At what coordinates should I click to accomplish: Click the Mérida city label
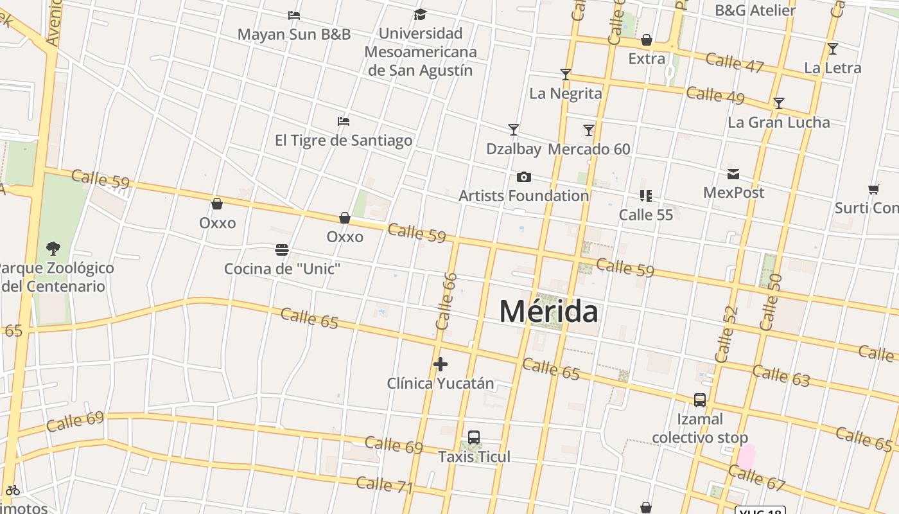click(548, 312)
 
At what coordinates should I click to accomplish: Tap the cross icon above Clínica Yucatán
click(440, 364)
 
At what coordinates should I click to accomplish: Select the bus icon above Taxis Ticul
click(474, 438)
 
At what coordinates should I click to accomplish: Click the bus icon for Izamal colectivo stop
click(700, 400)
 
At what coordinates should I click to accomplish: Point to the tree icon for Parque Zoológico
click(53, 248)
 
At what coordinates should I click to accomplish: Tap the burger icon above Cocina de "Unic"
click(281, 249)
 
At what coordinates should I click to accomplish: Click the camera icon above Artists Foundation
click(524, 177)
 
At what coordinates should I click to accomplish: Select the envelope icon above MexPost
click(733, 174)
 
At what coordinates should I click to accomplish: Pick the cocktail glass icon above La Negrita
click(565, 75)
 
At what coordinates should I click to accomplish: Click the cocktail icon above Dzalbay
click(514, 130)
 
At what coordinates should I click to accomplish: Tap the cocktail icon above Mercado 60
click(589, 130)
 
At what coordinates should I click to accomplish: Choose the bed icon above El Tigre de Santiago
click(344, 121)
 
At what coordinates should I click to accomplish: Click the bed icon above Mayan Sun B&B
click(294, 15)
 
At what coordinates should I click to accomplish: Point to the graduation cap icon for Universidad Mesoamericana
click(420, 14)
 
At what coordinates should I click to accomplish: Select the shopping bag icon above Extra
click(647, 40)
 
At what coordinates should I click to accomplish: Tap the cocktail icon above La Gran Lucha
click(778, 103)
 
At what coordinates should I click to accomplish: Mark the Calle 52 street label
click(726, 334)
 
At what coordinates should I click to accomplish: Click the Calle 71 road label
click(384, 485)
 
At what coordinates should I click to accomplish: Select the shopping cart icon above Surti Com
click(873, 190)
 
